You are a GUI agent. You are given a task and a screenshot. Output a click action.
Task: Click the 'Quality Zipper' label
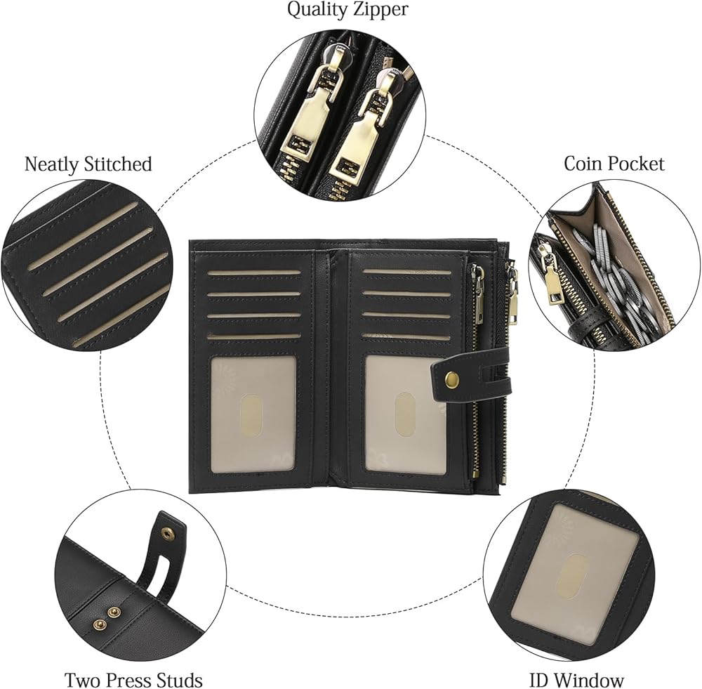tap(347, 10)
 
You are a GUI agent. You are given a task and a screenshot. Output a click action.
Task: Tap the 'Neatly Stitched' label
tap(88, 164)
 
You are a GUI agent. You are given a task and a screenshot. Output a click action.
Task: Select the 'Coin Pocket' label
tap(614, 164)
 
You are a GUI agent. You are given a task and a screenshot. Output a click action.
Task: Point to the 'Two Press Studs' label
tap(134, 680)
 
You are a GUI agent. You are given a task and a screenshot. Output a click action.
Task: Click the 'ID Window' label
tap(576, 680)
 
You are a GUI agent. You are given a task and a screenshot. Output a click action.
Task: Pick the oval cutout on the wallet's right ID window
tap(404, 414)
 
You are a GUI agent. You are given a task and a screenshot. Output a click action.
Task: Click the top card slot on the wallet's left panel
tap(254, 273)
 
